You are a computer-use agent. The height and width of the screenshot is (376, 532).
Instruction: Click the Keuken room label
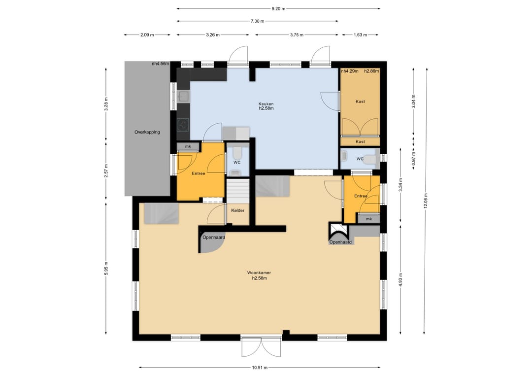tap(266, 104)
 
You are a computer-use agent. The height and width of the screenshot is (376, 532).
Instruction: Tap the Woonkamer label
tap(259, 273)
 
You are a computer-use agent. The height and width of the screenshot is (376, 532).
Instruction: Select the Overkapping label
tap(147, 132)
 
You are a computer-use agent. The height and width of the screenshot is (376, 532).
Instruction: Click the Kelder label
tap(238, 210)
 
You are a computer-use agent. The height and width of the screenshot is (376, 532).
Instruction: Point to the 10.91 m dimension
tap(260, 367)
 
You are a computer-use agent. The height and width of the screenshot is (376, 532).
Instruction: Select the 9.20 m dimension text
tap(278, 9)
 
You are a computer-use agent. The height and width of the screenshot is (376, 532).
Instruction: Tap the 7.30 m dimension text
tap(257, 21)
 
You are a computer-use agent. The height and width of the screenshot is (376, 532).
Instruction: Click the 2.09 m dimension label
tap(147, 34)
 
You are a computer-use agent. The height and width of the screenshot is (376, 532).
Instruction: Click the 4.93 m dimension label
tap(400, 280)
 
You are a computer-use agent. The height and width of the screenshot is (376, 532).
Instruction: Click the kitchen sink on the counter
tap(184, 97)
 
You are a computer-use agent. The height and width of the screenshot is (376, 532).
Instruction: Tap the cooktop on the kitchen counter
tap(184, 125)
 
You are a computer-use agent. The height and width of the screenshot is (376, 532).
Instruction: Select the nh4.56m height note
tap(161, 64)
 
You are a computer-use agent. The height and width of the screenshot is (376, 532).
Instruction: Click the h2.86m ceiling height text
tap(371, 71)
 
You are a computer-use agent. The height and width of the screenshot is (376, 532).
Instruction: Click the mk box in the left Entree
tap(188, 146)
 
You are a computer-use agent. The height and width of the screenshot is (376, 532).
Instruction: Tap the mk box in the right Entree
tap(369, 219)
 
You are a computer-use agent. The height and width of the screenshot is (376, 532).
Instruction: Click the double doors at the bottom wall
tap(262, 347)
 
